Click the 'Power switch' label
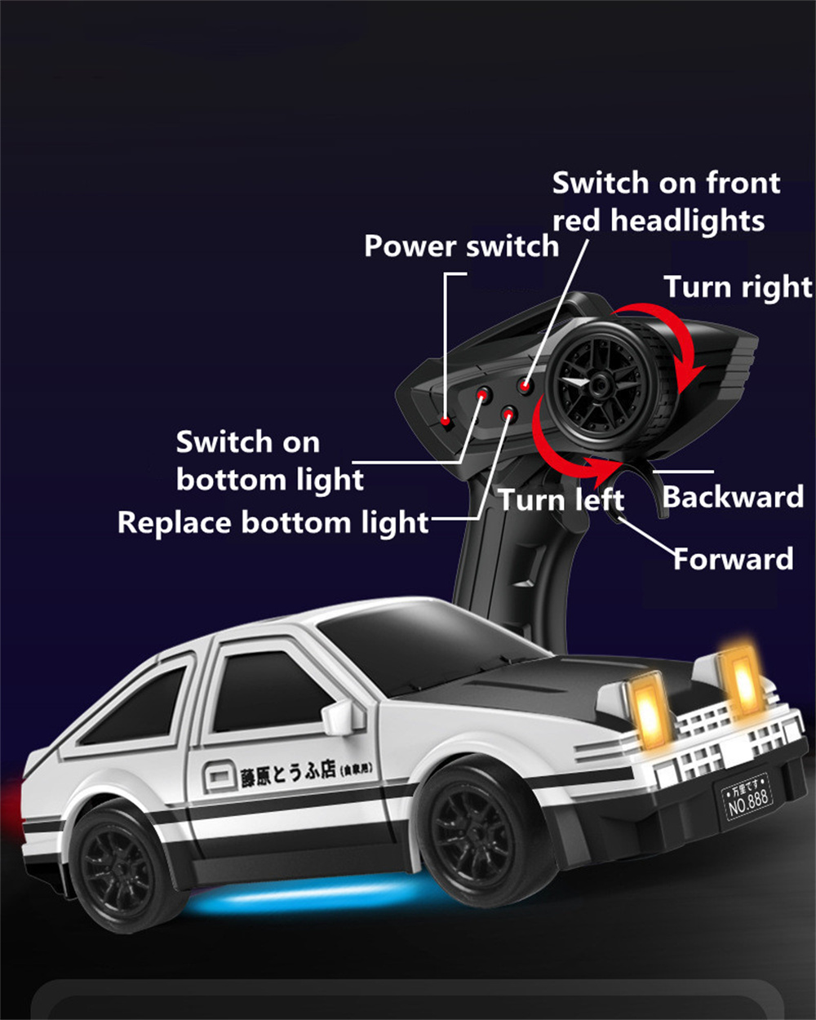click(461, 246)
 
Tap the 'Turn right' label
click(738, 287)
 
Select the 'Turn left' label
click(561, 499)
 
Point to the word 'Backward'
click(733, 497)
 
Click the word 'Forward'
click(733, 559)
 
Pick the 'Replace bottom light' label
click(273, 522)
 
